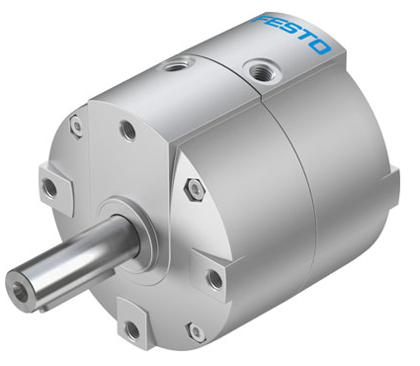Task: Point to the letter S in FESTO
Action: coord(291,33)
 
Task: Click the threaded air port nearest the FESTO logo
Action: coord(262,70)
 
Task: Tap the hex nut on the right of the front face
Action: coord(195,190)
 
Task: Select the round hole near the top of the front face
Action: coord(127,131)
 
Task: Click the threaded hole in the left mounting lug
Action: coord(50,187)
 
